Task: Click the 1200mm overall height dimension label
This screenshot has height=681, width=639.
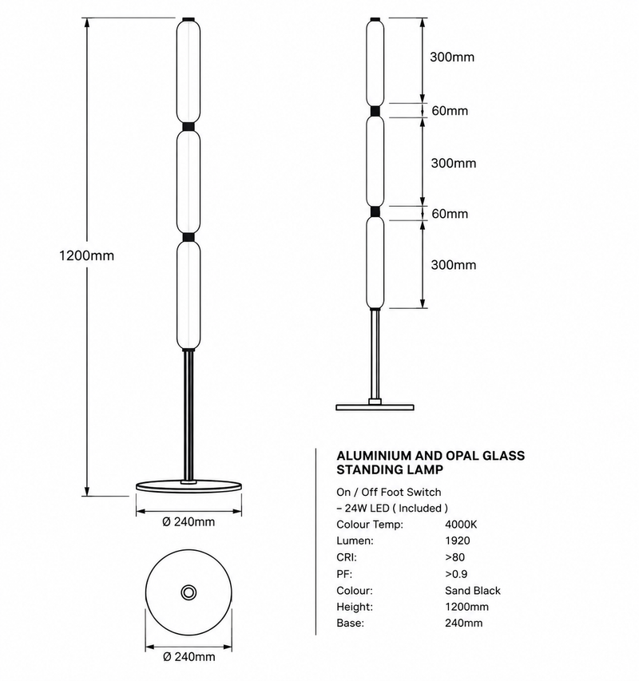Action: (x=86, y=255)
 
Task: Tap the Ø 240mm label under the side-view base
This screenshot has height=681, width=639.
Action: (x=189, y=521)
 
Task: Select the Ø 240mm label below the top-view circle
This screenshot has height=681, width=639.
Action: (x=189, y=657)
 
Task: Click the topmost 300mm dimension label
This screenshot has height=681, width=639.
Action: (x=452, y=57)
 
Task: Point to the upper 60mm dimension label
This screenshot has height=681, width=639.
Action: (x=450, y=111)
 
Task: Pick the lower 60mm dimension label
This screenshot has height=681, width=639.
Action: (x=450, y=214)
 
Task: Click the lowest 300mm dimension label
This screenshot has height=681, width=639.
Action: (x=454, y=265)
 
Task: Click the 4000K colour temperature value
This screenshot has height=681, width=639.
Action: (x=461, y=525)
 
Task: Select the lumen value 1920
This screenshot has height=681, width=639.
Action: (x=458, y=540)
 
